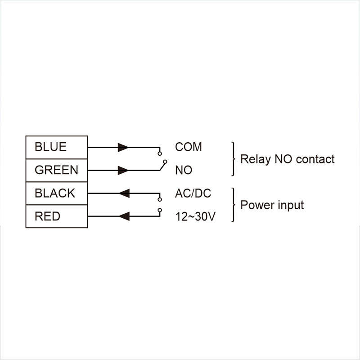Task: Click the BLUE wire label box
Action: (x=57, y=148)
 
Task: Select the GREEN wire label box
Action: (x=57, y=171)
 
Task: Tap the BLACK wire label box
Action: (x=57, y=193)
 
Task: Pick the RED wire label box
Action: (x=57, y=216)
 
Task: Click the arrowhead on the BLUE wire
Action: (x=123, y=148)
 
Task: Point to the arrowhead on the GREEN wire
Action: (x=123, y=171)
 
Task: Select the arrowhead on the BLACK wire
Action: (x=124, y=193)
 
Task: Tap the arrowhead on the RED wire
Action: (x=124, y=216)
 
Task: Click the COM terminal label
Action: (x=188, y=147)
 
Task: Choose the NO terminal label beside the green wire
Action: (x=184, y=170)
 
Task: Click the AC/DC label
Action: (x=193, y=193)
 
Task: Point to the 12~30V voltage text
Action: (x=195, y=216)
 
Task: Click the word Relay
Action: (x=255, y=160)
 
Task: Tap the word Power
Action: (x=257, y=205)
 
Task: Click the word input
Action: (x=291, y=205)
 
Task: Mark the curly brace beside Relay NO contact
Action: (x=234, y=159)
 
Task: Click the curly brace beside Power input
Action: (x=234, y=205)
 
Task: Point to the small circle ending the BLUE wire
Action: (x=160, y=153)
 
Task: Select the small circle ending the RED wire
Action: (x=160, y=210)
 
